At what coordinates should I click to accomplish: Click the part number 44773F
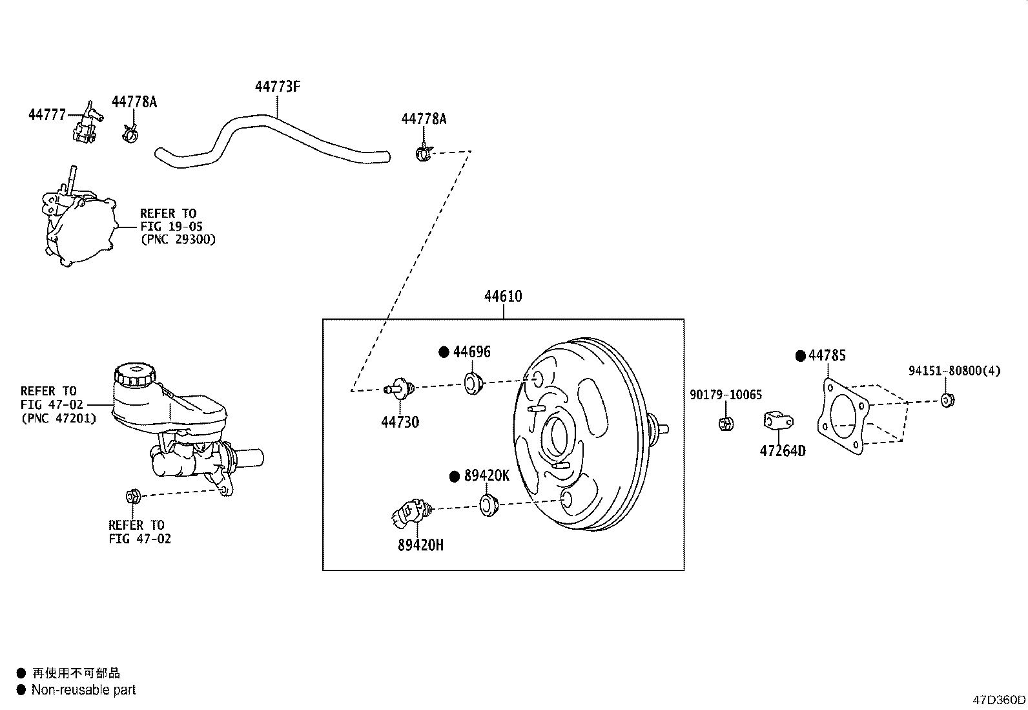coord(277,87)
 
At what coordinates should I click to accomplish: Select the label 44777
coord(46,115)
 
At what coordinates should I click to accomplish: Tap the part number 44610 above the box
coord(503,297)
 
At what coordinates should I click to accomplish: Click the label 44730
coord(400,423)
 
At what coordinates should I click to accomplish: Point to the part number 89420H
coord(420,545)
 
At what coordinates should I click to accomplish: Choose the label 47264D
coord(782,451)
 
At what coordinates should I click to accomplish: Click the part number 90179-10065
coord(725,395)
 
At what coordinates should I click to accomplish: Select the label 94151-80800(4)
coord(954,371)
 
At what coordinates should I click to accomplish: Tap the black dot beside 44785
coord(801,355)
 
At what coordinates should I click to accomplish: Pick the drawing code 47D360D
coord(998,700)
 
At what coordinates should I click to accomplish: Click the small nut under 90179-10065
coord(725,424)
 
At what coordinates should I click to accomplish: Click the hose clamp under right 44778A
coord(424,153)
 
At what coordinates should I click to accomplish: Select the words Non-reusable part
coord(84,690)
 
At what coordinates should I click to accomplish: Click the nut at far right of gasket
coord(947,400)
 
